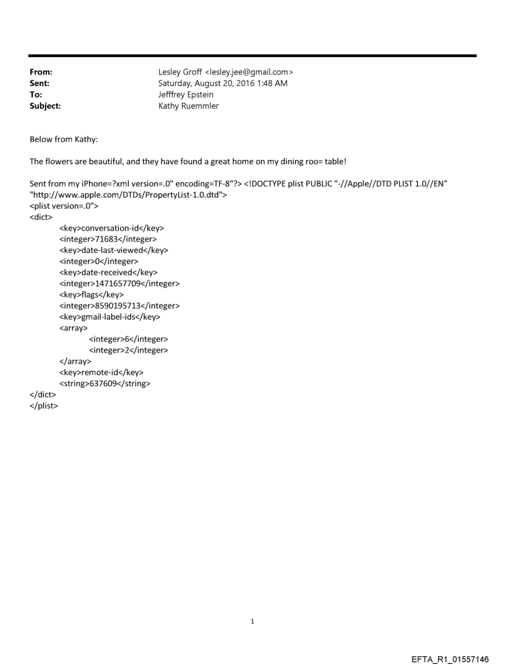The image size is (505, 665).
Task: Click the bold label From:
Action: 41,73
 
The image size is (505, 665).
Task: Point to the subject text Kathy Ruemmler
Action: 188,106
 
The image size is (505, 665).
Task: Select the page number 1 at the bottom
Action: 252,621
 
